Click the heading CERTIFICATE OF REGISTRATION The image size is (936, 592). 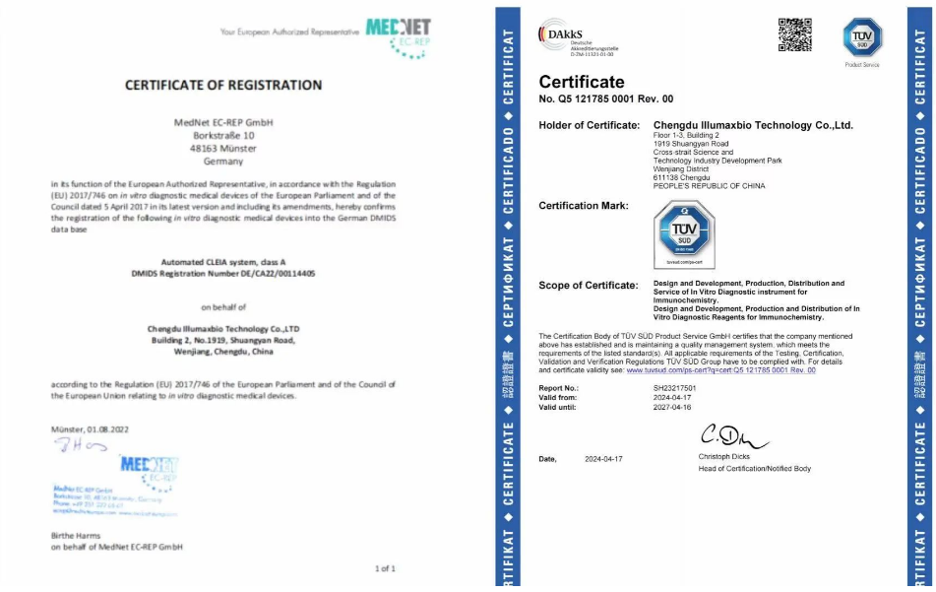[223, 85]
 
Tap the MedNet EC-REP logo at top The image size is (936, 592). [397, 35]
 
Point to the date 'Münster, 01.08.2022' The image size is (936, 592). [90, 429]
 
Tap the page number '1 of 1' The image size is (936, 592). [385, 568]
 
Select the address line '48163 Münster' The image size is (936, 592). [222, 147]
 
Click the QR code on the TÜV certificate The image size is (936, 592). [795, 35]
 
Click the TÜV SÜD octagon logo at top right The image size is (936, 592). [862, 37]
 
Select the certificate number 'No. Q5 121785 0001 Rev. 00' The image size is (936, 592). [606, 99]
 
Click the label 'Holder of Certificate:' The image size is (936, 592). [589, 125]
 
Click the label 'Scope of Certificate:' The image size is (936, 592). [589, 285]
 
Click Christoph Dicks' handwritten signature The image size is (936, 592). [732, 435]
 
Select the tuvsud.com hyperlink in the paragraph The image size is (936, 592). [720, 370]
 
